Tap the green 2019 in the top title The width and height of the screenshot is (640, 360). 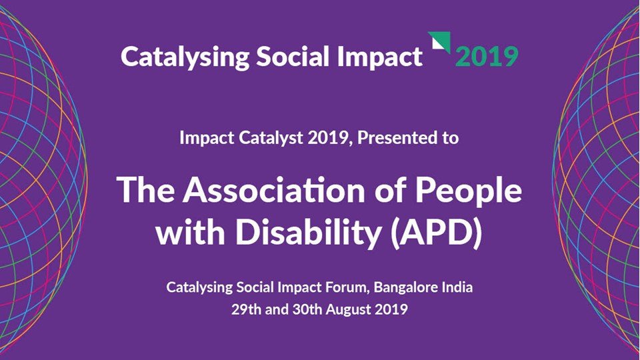[x=486, y=57]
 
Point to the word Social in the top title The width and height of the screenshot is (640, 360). [x=283, y=57]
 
